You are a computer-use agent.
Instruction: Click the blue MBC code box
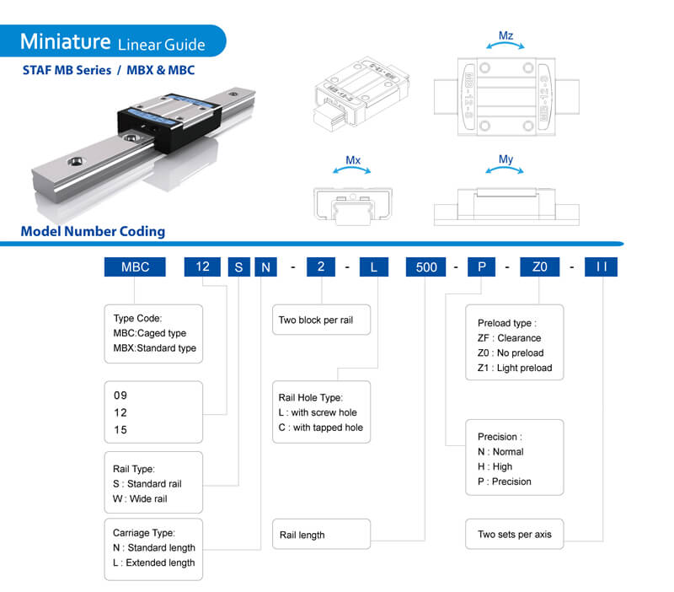(x=135, y=266)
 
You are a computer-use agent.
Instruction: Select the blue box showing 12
(x=202, y=266)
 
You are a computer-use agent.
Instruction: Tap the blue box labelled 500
(x=426, y=266)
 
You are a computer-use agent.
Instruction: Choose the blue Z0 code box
(x=540, y=266)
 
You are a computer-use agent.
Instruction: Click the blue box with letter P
(x=482, y=266)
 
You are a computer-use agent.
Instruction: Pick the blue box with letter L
(x=373, y=266)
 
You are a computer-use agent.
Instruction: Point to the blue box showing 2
(x=321, y=266)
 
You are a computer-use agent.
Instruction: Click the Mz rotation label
(x=505, y=36)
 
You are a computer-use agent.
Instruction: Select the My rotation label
(x=505, y=159)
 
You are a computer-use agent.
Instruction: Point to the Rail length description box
(x=322, y=535)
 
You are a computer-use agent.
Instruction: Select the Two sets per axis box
(x=514, y=535)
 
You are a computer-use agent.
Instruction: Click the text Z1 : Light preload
(x=515, y=368)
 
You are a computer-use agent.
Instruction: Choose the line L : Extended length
(x=153, y=562)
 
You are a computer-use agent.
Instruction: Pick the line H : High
(x=495, y=466)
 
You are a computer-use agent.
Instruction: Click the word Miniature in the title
(x=65, y=40)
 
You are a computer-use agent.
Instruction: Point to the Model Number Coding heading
(x=93, y=231)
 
